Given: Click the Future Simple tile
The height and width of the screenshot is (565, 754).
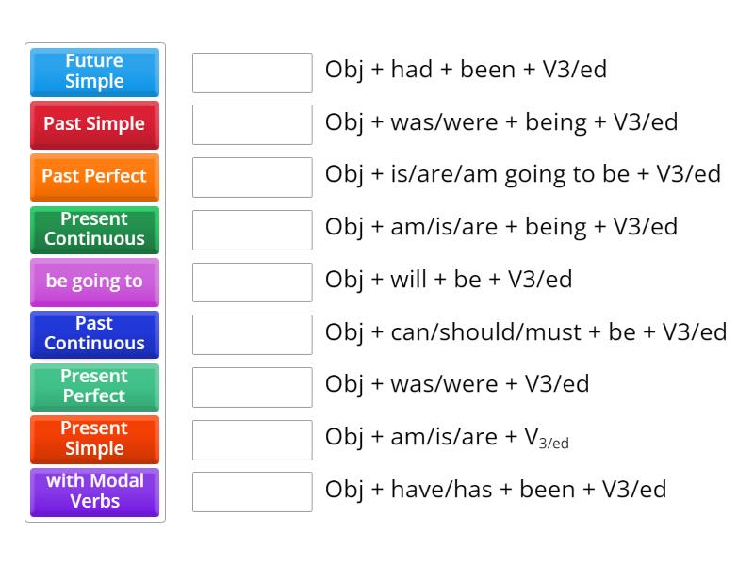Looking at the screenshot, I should (94, 72).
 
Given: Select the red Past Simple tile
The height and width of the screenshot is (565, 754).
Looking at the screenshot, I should (94, 124).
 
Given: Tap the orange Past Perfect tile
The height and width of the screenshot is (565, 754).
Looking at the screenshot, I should (94, 176).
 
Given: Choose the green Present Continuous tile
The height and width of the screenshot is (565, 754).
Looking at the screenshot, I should (94, 229).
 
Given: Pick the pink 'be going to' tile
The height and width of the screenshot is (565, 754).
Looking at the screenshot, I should (94, 281).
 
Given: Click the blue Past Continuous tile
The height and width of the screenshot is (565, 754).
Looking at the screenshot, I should (94, 333).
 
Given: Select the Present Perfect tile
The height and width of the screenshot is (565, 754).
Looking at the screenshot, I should (94, 386).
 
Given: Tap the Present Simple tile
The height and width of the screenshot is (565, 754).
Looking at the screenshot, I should (94, 438).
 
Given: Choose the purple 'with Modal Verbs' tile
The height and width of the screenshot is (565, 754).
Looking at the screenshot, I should (94, 491).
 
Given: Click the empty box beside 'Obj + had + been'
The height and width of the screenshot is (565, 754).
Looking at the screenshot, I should (252, 73).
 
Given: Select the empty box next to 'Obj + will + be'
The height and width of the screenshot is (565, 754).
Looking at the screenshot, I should (252, 282).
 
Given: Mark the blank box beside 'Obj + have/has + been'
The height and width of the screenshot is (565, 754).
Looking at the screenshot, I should (252, 492).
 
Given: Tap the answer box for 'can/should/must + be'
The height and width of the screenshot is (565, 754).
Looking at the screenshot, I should (252, 334).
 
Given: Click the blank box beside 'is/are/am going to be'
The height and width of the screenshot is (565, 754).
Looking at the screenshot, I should (252, 177).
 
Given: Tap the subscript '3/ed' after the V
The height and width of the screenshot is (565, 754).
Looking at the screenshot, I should (554, 443).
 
